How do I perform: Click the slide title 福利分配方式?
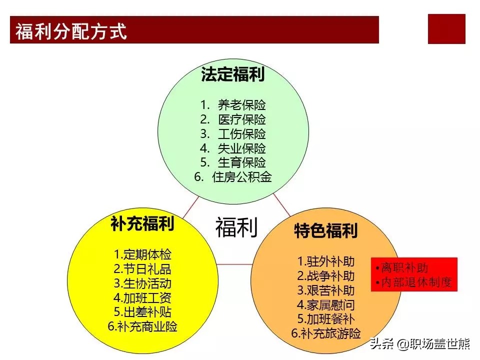click(71, 31)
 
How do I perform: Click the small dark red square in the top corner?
click(446, 29)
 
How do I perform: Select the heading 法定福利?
click(233, 74)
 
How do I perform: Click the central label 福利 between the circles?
click(236, 227)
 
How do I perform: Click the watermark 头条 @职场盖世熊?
click(419, 343)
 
